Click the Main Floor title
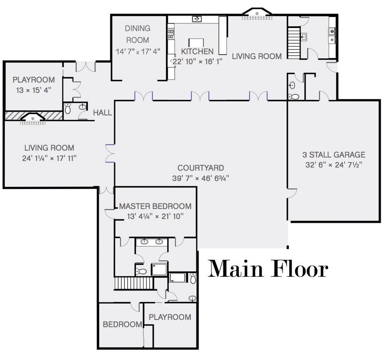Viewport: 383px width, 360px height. click(268, 269)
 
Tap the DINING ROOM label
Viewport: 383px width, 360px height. click(137, 34)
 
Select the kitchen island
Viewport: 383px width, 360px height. click(196, 43)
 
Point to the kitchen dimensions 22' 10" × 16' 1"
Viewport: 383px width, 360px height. click(197, 61)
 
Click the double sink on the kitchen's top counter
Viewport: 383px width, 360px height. click(197, 19)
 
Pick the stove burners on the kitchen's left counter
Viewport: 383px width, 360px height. click(171, 34)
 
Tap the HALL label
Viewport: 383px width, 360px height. click(102, 113)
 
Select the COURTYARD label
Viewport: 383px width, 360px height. click(200, 168)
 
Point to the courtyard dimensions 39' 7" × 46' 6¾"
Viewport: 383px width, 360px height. click(200, 178)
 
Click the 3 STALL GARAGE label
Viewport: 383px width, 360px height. click(334, 155)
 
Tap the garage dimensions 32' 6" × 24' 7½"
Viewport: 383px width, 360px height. click(334, 165)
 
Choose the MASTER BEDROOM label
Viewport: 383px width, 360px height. click(155, 206)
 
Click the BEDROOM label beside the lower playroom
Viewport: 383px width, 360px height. click(122, 324)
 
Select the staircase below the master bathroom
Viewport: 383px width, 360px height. click(134, 283)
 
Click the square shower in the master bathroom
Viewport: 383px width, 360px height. click(159, 269)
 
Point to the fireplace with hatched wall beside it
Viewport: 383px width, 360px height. click(33, 118)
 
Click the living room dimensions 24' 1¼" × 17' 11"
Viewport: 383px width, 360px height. click(49, 158)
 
